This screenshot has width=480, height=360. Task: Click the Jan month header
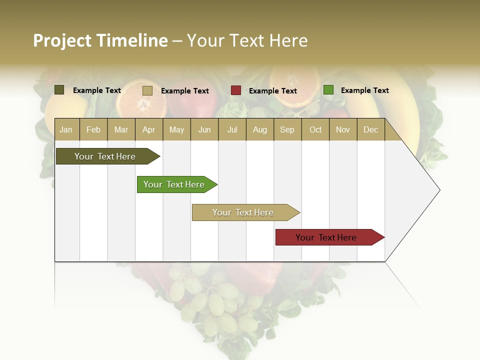pos(66,129)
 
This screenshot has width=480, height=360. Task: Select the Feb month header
pos(93,129)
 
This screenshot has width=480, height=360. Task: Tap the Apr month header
pos(148,129)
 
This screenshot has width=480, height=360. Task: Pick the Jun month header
pos(204,129)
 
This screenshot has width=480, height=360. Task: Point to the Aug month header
pos(259,129)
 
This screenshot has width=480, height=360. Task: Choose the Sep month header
pos(287,129)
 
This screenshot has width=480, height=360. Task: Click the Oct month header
pos(315,129)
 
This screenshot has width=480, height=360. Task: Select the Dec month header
pos(370,129)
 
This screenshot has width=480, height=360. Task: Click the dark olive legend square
pos(59,90)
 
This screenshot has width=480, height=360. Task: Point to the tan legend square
pos(147,90)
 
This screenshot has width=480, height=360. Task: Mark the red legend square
pos(235,90)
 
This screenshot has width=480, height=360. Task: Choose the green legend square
pos(328,90)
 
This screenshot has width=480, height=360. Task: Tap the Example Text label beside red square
pos(272,91)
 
